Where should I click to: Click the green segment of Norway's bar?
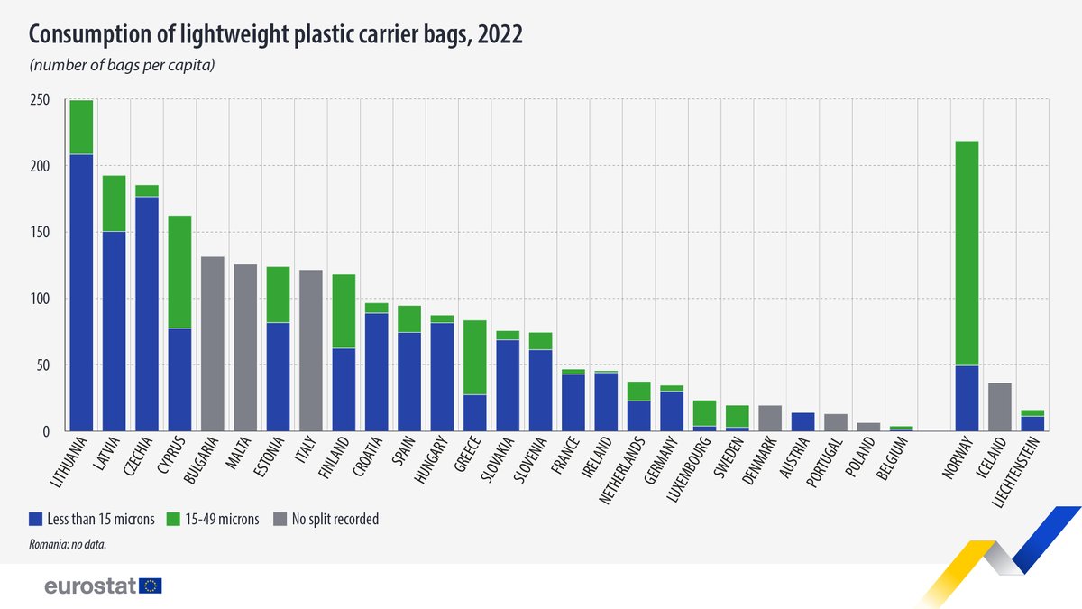tap(967, 253)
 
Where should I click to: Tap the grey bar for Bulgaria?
tap(212, 344)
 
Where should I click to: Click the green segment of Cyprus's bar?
tap(179, 272)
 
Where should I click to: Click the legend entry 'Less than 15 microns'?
tap(90, 519)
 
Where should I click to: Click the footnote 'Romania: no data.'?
tap(69, 545)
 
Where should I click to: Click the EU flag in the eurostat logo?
tap(151, 586)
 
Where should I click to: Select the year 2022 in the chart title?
tap(500, 34)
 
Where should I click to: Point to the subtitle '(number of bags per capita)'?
tap(122, 65)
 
